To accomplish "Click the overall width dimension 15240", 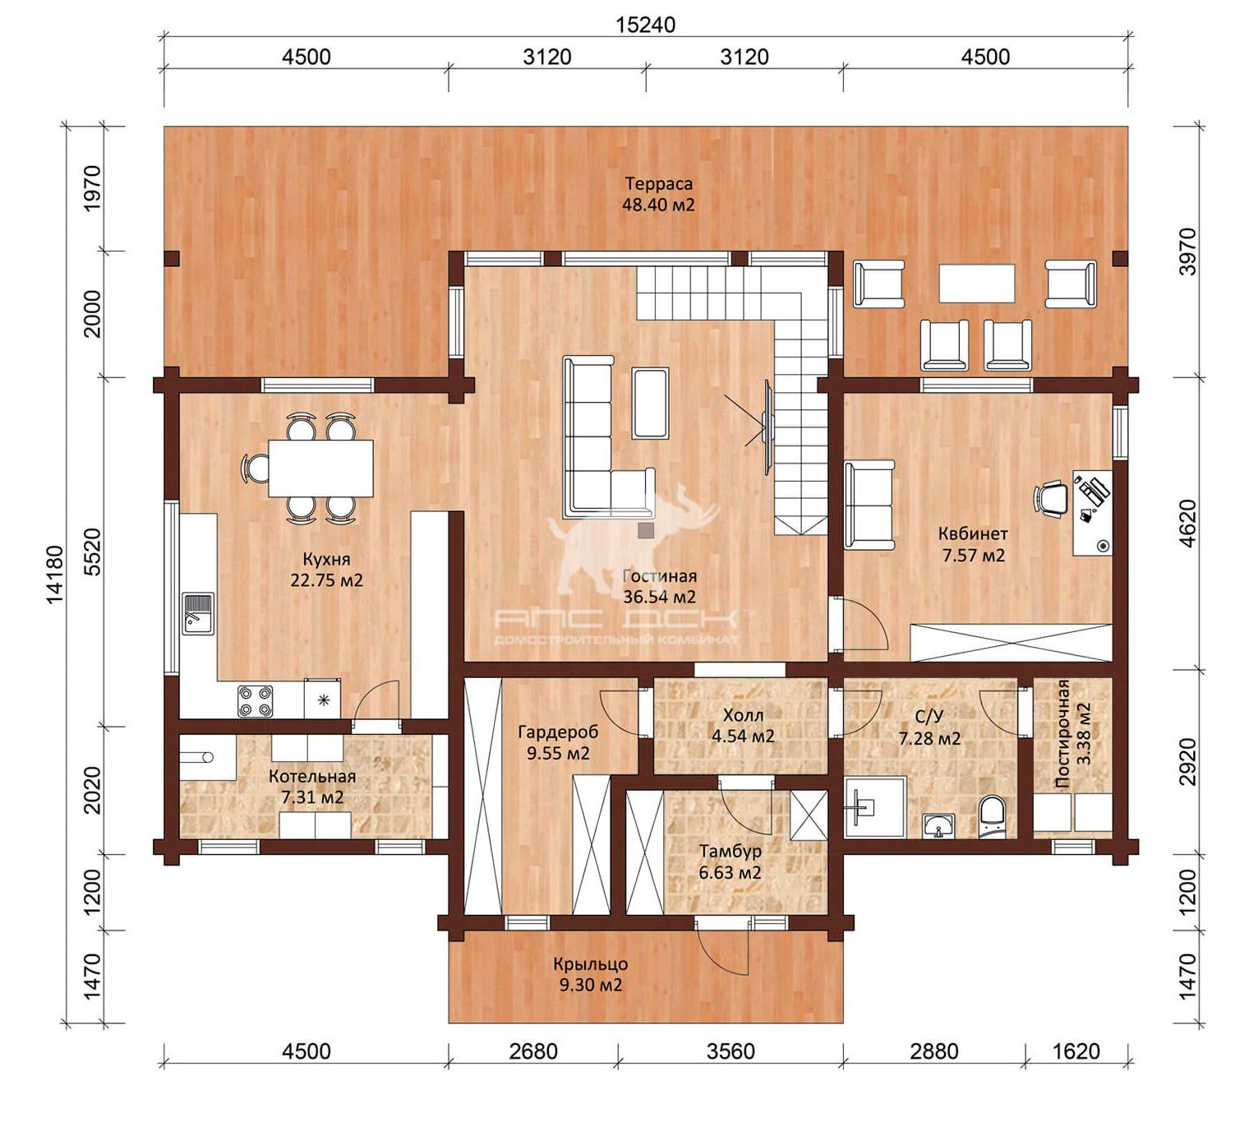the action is (x=645, y=25).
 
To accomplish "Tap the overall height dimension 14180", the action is (x=55, y=574).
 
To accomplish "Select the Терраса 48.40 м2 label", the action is (x=658, y=194).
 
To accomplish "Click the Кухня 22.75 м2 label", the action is (x=326, y=570).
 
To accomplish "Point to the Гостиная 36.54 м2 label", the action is (x=659, y=587).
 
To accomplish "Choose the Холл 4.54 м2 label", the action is (x=743, y=726).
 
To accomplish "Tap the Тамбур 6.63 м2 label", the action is (x=730, y=862).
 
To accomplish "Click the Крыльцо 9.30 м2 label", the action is (x=590, y=975).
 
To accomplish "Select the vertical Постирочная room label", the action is (x=1062, y=734).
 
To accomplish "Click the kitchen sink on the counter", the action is (x=198, y=613).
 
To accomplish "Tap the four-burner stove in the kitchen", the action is (x=256, y=701).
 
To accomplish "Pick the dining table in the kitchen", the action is (x=320, y=469).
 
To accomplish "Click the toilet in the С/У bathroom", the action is (x=992, y=818).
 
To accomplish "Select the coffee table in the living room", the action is (x=650, y=403).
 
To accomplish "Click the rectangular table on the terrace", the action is (x=977, y=284).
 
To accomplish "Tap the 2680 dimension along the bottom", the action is (x=533, y=1052).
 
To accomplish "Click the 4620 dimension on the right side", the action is (x=1187, y=523).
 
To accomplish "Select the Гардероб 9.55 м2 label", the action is (x=558, y=742).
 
